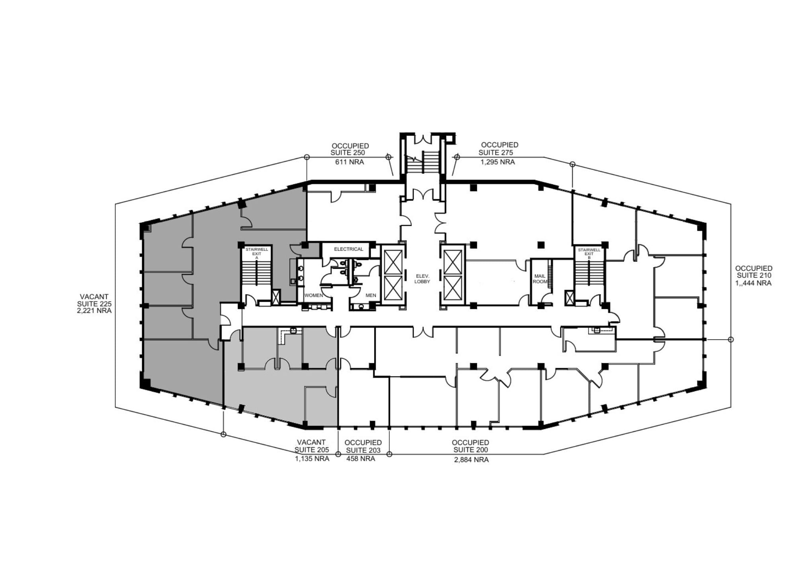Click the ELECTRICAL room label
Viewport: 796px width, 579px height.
(349, 249)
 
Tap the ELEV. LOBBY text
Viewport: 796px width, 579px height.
(422, 279)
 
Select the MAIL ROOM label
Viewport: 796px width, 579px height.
(540, 279)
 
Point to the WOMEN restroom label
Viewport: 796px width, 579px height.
(314, 295)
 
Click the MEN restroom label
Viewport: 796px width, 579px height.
(371, 295)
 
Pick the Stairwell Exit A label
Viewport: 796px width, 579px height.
(257, 253)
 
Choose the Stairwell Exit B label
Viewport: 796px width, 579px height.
(589, 253)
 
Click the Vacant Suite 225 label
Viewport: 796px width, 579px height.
(94, 300)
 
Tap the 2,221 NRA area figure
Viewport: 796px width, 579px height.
(94, 310)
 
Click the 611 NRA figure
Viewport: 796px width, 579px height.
(349, 162)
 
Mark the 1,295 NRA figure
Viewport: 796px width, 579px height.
(497, 162)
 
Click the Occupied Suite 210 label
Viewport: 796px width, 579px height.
(754, 272)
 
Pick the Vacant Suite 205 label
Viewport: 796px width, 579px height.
(312, 446)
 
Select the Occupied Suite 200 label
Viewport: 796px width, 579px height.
(470, 446)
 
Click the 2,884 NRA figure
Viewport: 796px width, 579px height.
(471, 460)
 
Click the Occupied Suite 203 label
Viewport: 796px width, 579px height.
(363, 446)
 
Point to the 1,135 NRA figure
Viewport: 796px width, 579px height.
(312, 458)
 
